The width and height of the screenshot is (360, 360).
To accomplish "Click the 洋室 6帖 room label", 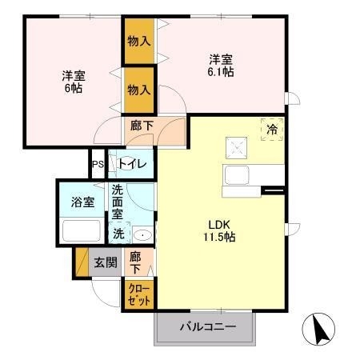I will pyautogui.click(x=74, y=82).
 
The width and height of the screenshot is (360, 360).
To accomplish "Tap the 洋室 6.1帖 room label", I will pyautogui.click(x=222, y=64).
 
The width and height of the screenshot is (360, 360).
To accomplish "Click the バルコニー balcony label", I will pyautogui.click(x=207, y=326).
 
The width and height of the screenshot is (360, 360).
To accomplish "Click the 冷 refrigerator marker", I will pyautogui.click(x=271, y=127).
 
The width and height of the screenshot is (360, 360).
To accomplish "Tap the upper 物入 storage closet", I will pyautogui.click(x=138, y=39).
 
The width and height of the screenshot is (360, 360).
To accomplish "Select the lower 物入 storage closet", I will pyautogui.click(x=138, y=90).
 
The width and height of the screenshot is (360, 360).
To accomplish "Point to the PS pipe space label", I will pyautogui.click(x=98, y=166).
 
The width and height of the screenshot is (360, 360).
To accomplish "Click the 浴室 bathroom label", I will pyautogui.click(x=82, y=202).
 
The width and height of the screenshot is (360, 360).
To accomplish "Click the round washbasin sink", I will pyautogui.click(x=141, y=235).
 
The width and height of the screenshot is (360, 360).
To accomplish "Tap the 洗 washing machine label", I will pyautogui.click(x=118, y=234).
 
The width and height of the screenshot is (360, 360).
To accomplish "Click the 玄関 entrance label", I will pyautogui.click(x=106, y=262).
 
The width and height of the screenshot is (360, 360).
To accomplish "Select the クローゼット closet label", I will pyautogui.click(x=137, y=294).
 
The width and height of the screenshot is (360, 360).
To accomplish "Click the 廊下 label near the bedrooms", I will pyautogui.click(x=140, y=126).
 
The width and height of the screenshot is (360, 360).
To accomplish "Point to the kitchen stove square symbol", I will pyautogui.click(x=238, y=146).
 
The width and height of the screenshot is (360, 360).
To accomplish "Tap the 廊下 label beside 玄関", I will pyautogui.click(x=136, y=262).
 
